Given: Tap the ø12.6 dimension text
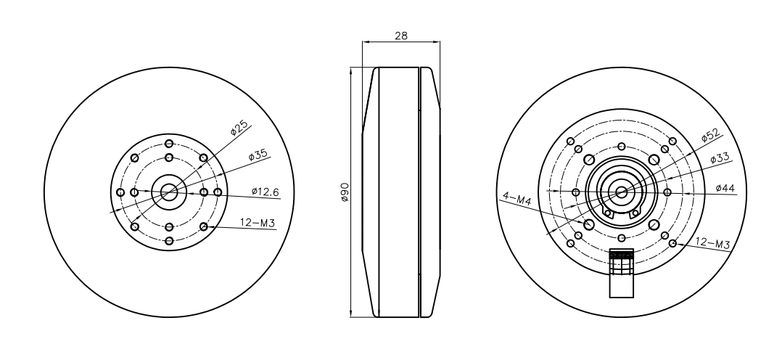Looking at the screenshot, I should (266, 192).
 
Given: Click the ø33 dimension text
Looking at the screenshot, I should (719, 158).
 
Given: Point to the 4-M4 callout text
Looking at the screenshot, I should (516, 197).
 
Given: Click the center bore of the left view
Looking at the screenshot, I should (169, 192).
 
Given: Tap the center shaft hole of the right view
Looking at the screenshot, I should (621, 192).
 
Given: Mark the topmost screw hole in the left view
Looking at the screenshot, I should (169, 143).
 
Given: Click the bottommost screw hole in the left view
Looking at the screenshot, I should (169, 241).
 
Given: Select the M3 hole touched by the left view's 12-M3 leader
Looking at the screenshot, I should (204, 226).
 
